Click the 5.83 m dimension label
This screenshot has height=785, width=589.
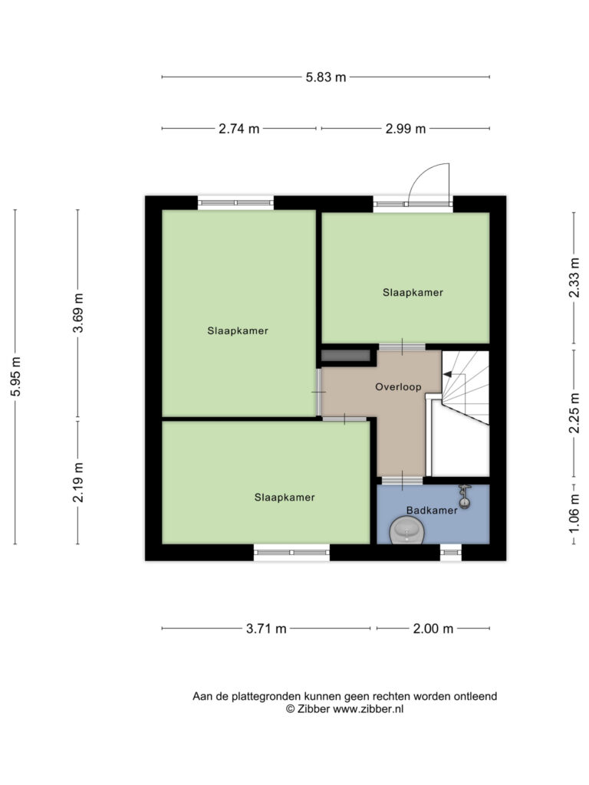(x=325, y=77)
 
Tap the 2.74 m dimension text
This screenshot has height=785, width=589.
(x=239, y=129)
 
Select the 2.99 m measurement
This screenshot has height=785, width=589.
(x=405, y=129)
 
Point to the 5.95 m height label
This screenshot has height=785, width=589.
(x=15, y=376)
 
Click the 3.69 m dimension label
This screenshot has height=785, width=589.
(x=77, y=313)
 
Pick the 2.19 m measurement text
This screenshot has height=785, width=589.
(x=77, y=482)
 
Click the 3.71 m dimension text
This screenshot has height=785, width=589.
(x=266, y=629)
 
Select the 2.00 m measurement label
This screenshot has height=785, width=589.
(x=433, y=629)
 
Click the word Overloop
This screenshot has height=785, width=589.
(x=398, y=386)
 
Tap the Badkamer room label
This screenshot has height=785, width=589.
(x=432, y=510)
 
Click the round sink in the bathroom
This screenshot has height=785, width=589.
(x=406, y=530)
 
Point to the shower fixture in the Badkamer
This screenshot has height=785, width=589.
(x=465, y=496)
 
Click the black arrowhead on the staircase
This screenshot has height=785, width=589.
(x=448, y=374)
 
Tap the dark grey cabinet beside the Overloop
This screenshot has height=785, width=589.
(x=346, y=356)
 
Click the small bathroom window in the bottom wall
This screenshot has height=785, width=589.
(x=451, y=553)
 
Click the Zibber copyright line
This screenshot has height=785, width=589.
(x=344, y=709)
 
